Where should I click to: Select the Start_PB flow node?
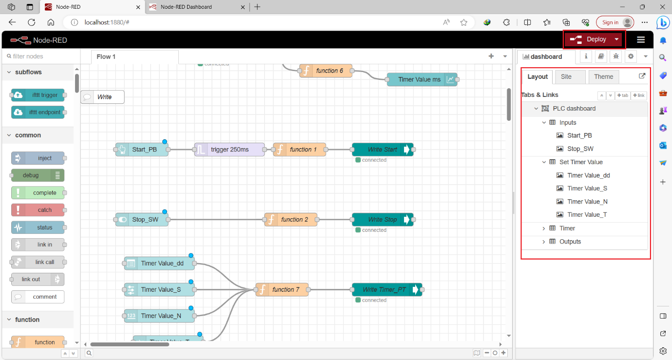coord(142,150)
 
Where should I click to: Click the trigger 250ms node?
coord(230,150)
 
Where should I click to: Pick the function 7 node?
coord(282,290)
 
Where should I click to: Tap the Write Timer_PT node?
coord(384,290)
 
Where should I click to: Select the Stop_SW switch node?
coord(142,220)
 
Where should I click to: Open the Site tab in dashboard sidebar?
coord(566,76)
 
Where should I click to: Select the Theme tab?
coord(603,76)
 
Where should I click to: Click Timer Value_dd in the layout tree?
coord(588,175)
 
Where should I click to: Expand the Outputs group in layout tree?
coord(544,242)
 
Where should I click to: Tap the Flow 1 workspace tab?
coord(106,57)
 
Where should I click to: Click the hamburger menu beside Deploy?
coord(641,39)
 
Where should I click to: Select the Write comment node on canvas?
coord(103,97)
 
